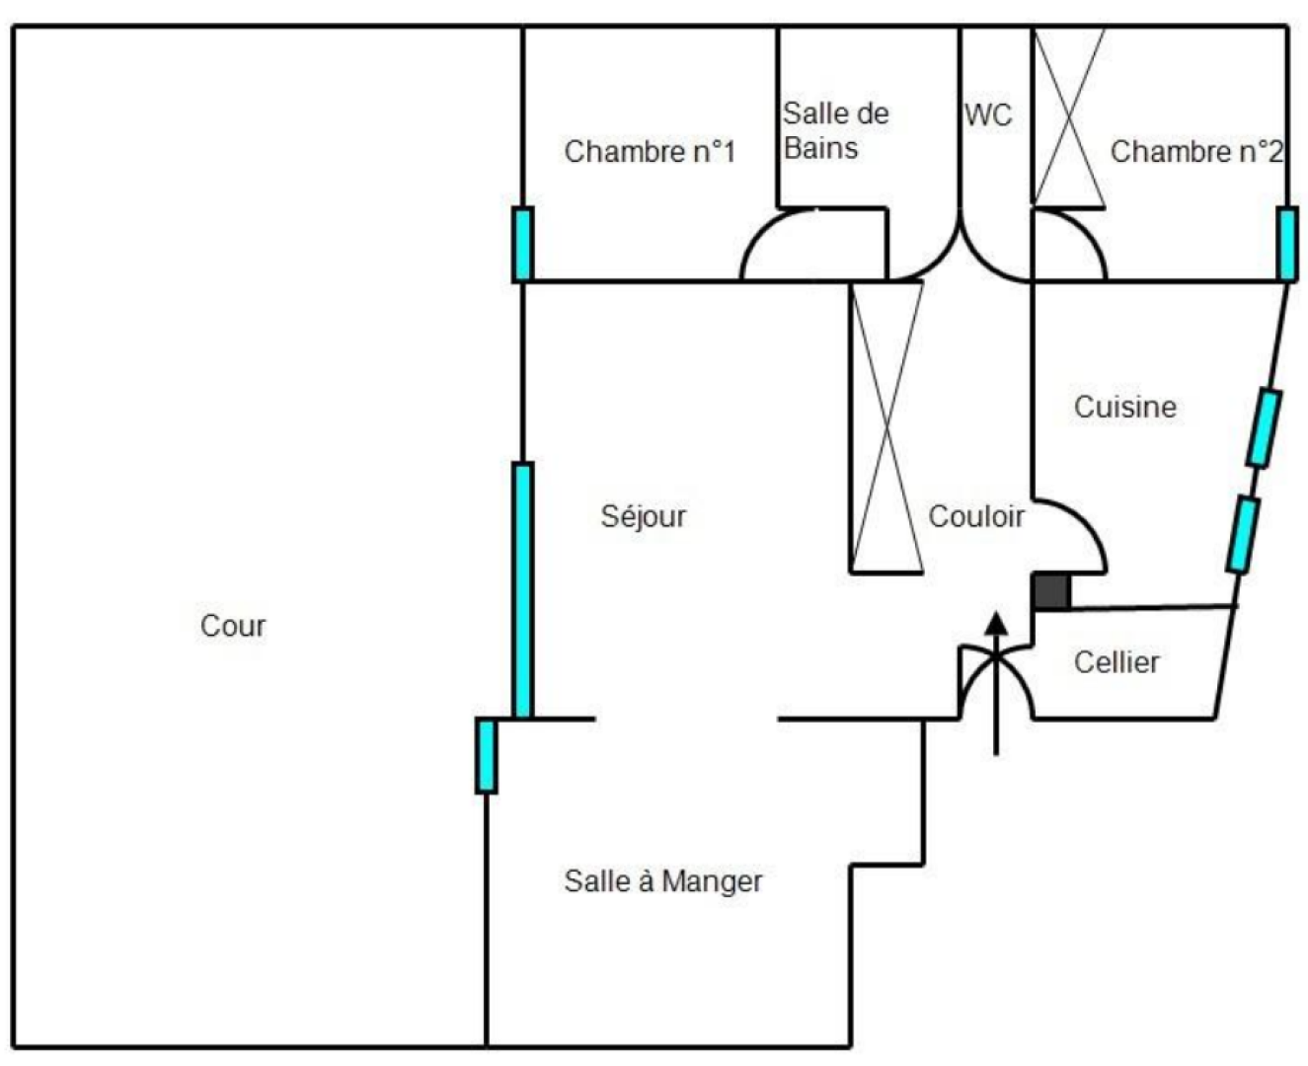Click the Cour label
coord(233,626)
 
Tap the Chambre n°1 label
coord(650,152)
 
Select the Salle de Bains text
coord(834,130)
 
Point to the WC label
coord(988,115)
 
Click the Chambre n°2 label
coord(1196,152)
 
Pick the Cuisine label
coord(1124,407)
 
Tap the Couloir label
coord(976,516)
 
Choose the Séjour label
coord(643,516)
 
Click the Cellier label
coord(1116,662)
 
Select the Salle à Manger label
coord(663,880)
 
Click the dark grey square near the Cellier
coord(1050,591)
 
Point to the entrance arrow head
coord(996,623)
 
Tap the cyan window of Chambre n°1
coord(523,244)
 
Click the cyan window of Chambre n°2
coord(1286,244)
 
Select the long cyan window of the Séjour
coord(522,589)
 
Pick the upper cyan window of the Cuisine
coord(1264,427)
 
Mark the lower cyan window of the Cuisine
coord(1243,534)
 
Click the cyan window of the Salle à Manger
coord(486,755)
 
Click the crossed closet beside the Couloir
coord(886,426)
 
